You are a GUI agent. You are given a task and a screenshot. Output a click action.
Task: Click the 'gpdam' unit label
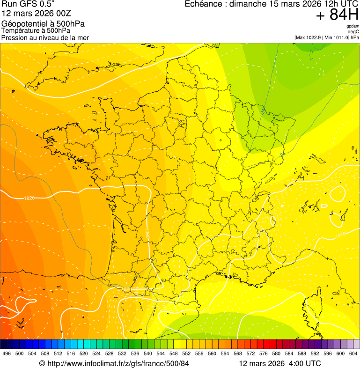[x=353, y=26]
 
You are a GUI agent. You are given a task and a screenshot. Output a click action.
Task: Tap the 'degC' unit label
[x=353, y=32]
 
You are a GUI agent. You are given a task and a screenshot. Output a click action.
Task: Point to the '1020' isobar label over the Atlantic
[x=29, y=198]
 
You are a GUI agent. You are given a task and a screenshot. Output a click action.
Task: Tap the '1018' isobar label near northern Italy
[x=340, y=234]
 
